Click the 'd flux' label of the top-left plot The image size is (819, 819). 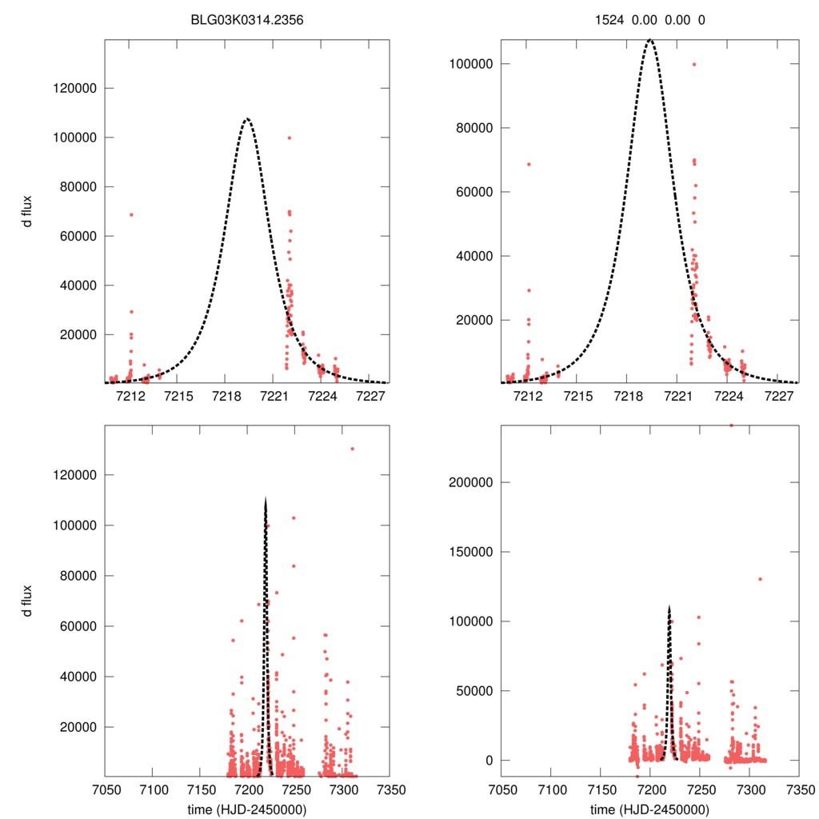coord(27,211)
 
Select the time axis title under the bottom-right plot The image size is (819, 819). coord(649,809)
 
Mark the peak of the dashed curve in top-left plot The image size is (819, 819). coord(247,119)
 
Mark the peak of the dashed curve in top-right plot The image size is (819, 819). coord(649,38)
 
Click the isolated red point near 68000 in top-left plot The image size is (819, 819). coord(131,214)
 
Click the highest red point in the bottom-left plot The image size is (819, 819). coord(352,449)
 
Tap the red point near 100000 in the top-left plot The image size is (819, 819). coord(289,138)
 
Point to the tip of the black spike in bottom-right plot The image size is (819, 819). coord(669,606)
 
